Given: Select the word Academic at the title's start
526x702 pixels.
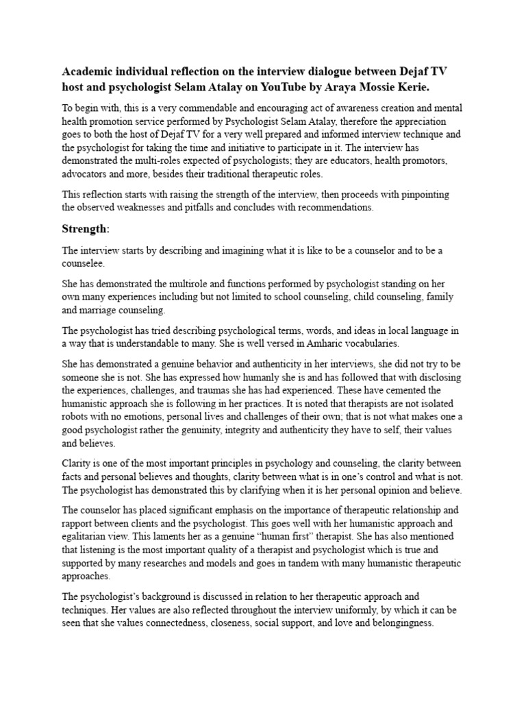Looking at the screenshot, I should point(90,72).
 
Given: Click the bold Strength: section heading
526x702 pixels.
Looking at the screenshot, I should point(87,228).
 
